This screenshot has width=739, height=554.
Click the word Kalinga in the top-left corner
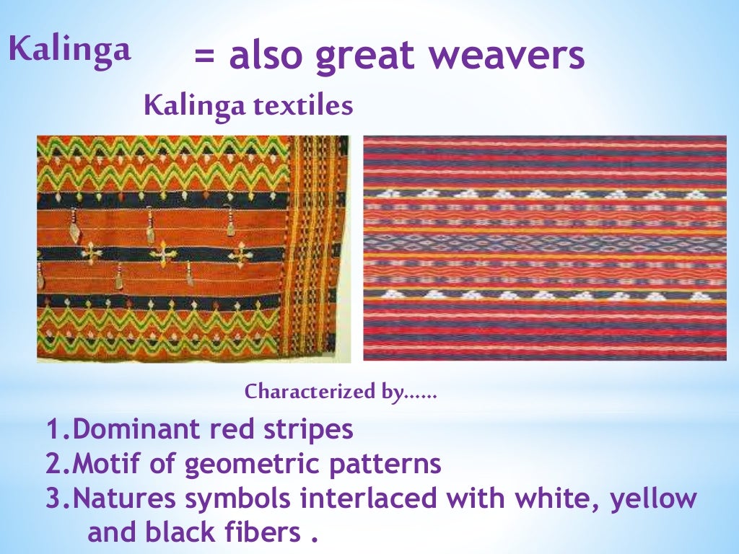(x=69, y=49)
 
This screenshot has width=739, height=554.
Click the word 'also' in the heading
(x=267, y=56)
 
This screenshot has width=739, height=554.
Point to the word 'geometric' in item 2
(x=249, y=465)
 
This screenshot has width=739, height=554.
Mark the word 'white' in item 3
(x=548, y=498)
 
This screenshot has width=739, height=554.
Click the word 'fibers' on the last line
(x=261, y=532)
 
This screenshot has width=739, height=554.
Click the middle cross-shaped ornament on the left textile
(x=163, y=255)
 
